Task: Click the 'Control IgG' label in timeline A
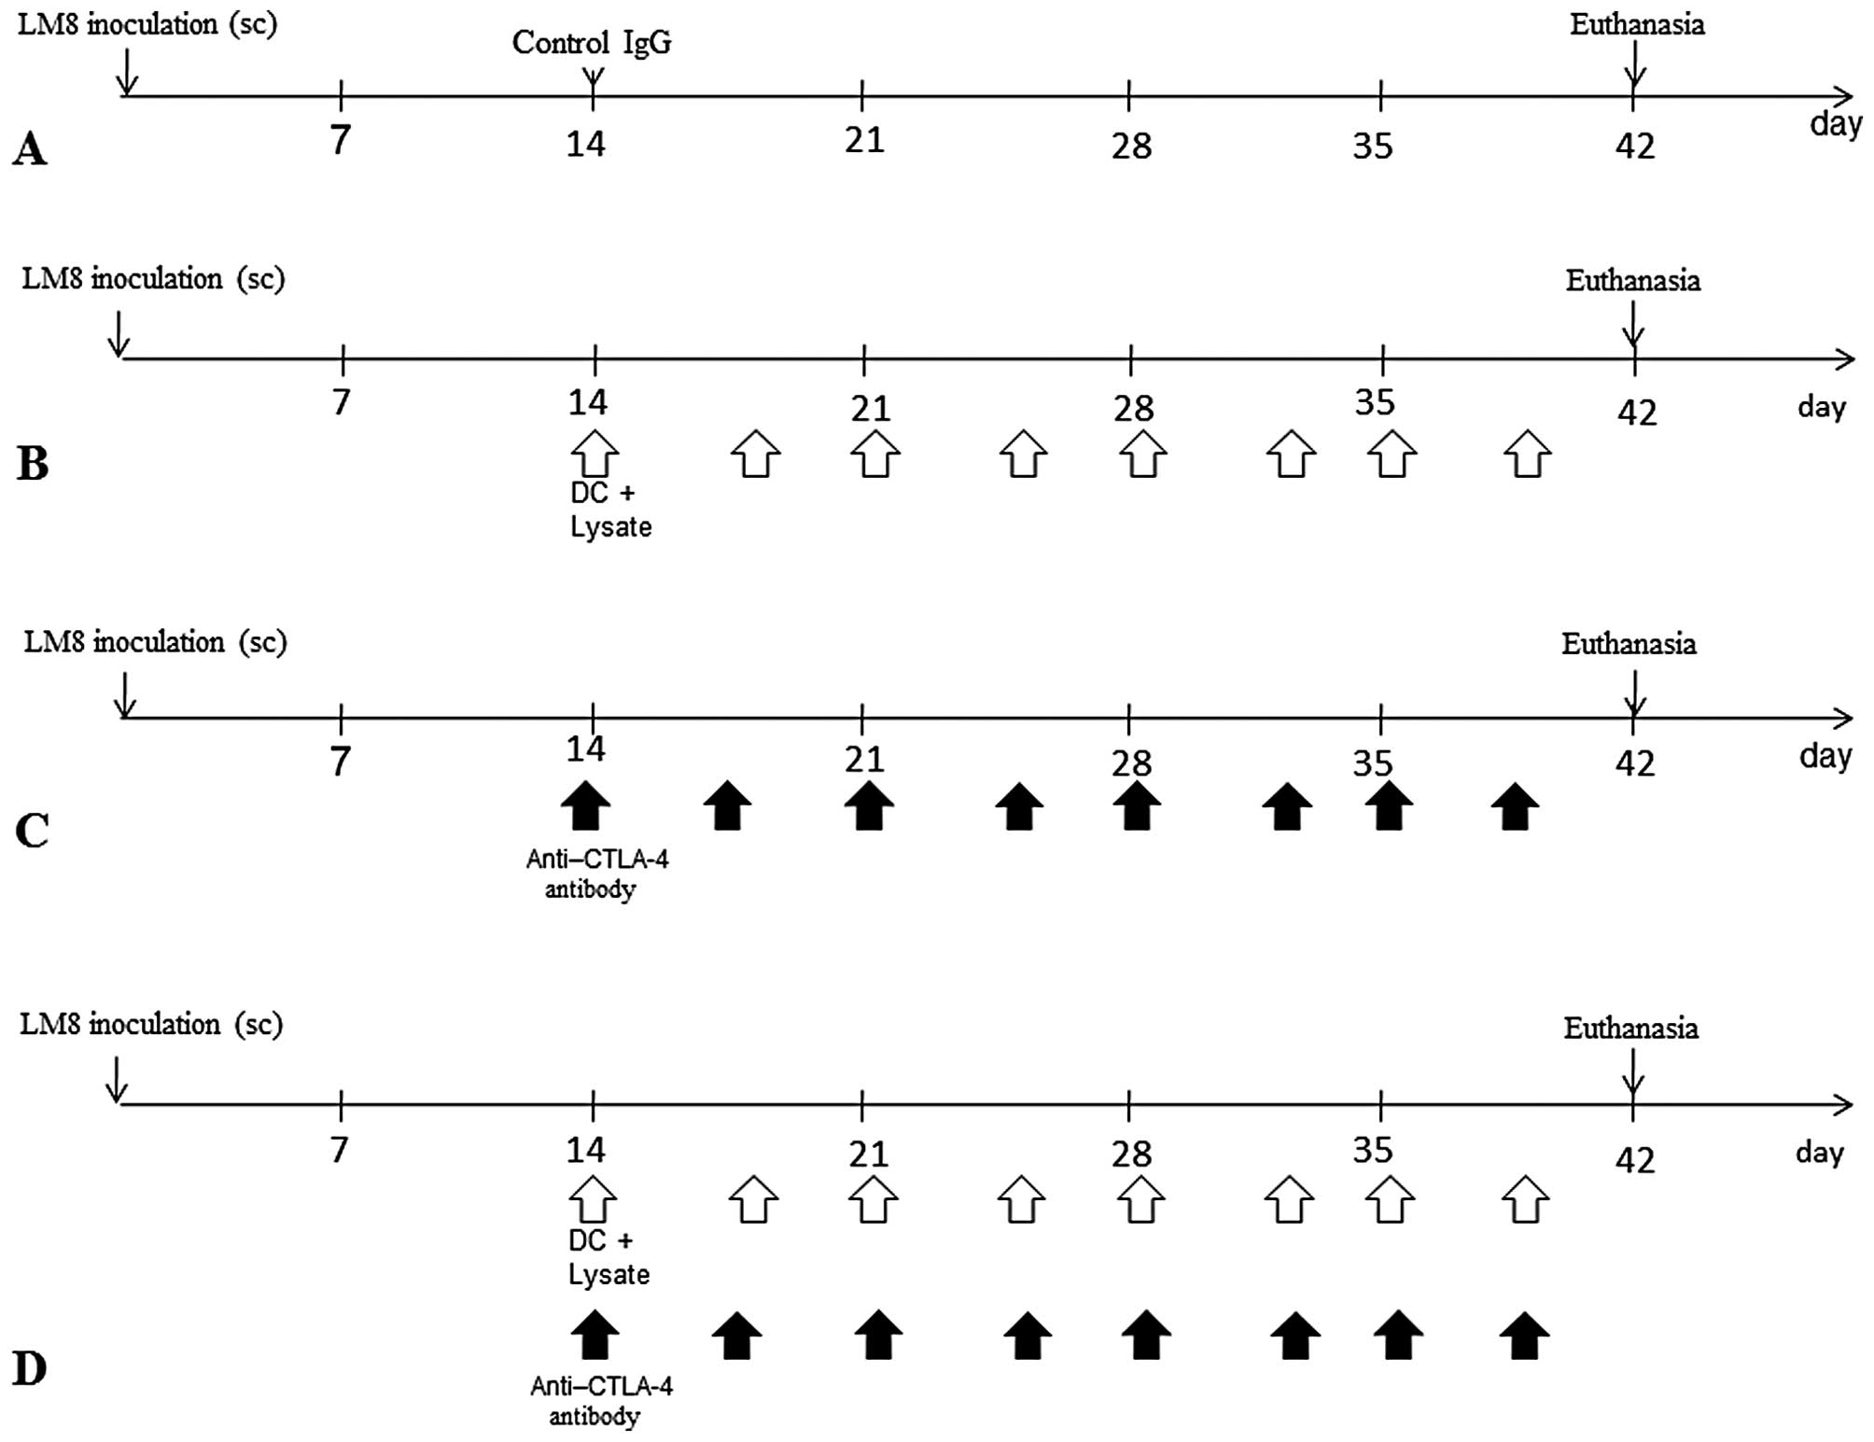pyautogui.click(x=592, y=43)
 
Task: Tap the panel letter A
pyautogui.click(x=30, y=149)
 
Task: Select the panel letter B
pyautogui.click(x=33, y=463)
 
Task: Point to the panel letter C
pyautogui.click(x=33, y=830)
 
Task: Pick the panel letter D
pyautogui.click(x=30, y=1369)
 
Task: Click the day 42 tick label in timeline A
pyautogui.click(x=1634, y=147)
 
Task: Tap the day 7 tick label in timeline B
pyautogui.click(x=342, y=402)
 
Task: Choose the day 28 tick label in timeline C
pyautogui.click(x=1132, y=764)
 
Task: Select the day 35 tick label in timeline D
pyautogui.click(x=1373, y=1151)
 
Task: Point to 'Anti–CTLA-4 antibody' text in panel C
pyautogui.click(x=596, y=874)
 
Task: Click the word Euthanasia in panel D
pyautogui.click(x=1630, y=1029)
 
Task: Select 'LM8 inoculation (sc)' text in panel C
pyautogui.click(x=155, y=642)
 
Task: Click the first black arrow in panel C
pyautogui.click(x=586, y=805)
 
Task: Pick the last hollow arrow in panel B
pyautogui.click(x=1527, y=454)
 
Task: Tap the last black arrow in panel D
pyautogui.click(x=1524, y=1336)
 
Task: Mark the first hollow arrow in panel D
pyautogui.click(x=593, y=1199)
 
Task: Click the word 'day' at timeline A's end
pyautogui.click(x=1835, y=123)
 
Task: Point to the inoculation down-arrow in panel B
pyautogui.click(x=119, y=334)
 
